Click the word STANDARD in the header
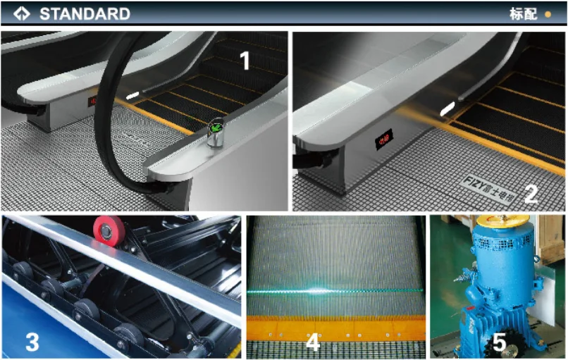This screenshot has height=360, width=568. [84, 13]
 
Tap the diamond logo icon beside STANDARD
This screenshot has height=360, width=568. [23, 13]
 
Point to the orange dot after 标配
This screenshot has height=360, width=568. [548, 13]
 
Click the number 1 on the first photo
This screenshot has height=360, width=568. [245, 61]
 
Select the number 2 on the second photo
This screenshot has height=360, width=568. [530, 192]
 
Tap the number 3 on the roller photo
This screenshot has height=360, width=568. [32, 342]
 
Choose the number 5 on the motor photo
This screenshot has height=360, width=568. [499, 342]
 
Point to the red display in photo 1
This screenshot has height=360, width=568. [92, 101]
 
